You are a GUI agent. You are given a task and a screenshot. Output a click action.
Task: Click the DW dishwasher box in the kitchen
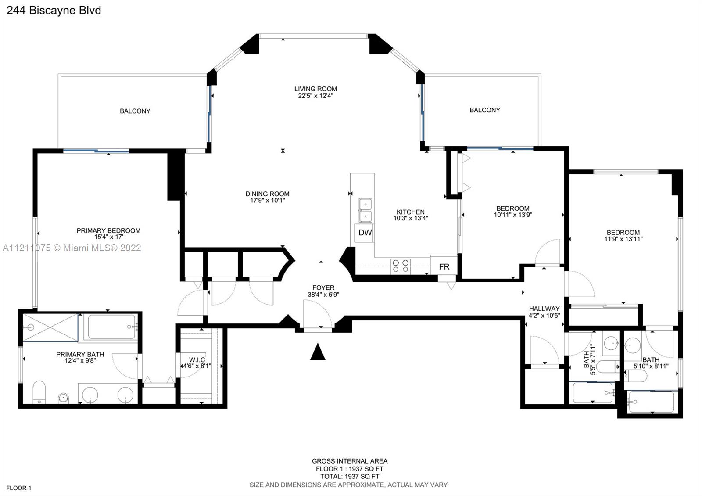(x=364, y=233)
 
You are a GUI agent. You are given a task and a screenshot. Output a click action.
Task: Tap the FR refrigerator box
(x=444, y=266)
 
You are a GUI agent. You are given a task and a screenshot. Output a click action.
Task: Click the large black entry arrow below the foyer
(x=318, y=352)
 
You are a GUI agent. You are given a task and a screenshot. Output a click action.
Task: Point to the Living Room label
(x=315, y=89)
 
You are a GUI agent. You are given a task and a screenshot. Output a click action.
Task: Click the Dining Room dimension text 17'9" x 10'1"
(x=267, y=200)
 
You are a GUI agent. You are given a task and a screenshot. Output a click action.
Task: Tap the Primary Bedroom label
(x=108, y=231)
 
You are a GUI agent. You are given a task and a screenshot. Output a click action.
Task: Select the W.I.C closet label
(x=197, y=359)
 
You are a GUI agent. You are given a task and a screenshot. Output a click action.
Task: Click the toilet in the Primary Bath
(x=39, y=392)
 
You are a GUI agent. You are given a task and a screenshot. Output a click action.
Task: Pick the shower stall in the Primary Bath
(x=50, y=327)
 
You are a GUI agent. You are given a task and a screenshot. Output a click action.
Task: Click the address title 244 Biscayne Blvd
(x=54, y=11)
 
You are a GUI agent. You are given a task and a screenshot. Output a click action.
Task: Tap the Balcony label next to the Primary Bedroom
(x=135, y=111)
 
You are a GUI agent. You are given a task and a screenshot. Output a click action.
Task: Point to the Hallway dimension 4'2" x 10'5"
(x=544, y=316)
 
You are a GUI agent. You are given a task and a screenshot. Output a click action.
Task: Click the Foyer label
(x=323, y=288)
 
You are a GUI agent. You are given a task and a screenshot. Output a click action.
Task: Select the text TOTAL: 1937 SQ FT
(x=350, y=477)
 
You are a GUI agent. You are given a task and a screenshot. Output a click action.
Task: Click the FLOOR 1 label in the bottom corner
(x=19, y=488)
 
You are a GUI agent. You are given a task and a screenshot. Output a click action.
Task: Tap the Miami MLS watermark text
(x=72, y=248)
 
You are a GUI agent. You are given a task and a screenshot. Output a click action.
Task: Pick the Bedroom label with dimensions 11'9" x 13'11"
(x=623, y=233)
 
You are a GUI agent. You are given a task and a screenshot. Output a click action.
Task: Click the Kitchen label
(x=411, y=212)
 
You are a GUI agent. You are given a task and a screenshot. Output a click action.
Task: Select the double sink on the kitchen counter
(x=365, y=210)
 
